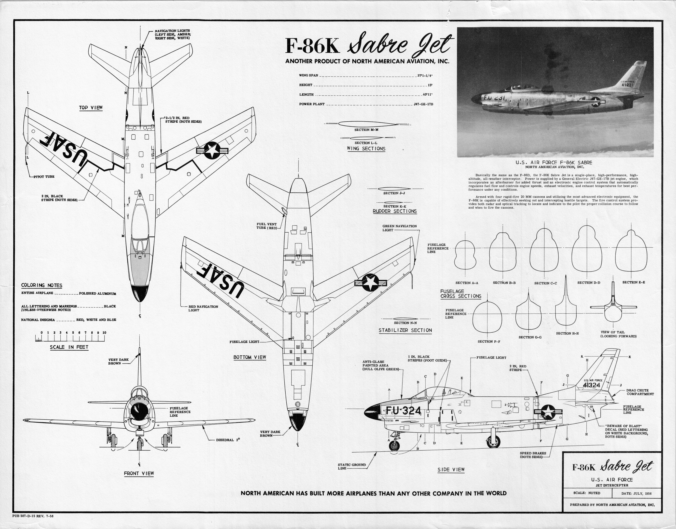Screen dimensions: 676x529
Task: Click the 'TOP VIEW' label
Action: coord(91,108)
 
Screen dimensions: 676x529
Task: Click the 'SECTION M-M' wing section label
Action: coord(366,130)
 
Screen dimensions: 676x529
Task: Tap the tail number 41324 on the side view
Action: coord(591,385)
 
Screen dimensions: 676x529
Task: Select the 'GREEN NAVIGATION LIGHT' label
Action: coord(399,228)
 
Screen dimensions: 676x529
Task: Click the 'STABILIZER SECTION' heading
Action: coord(405,331)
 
